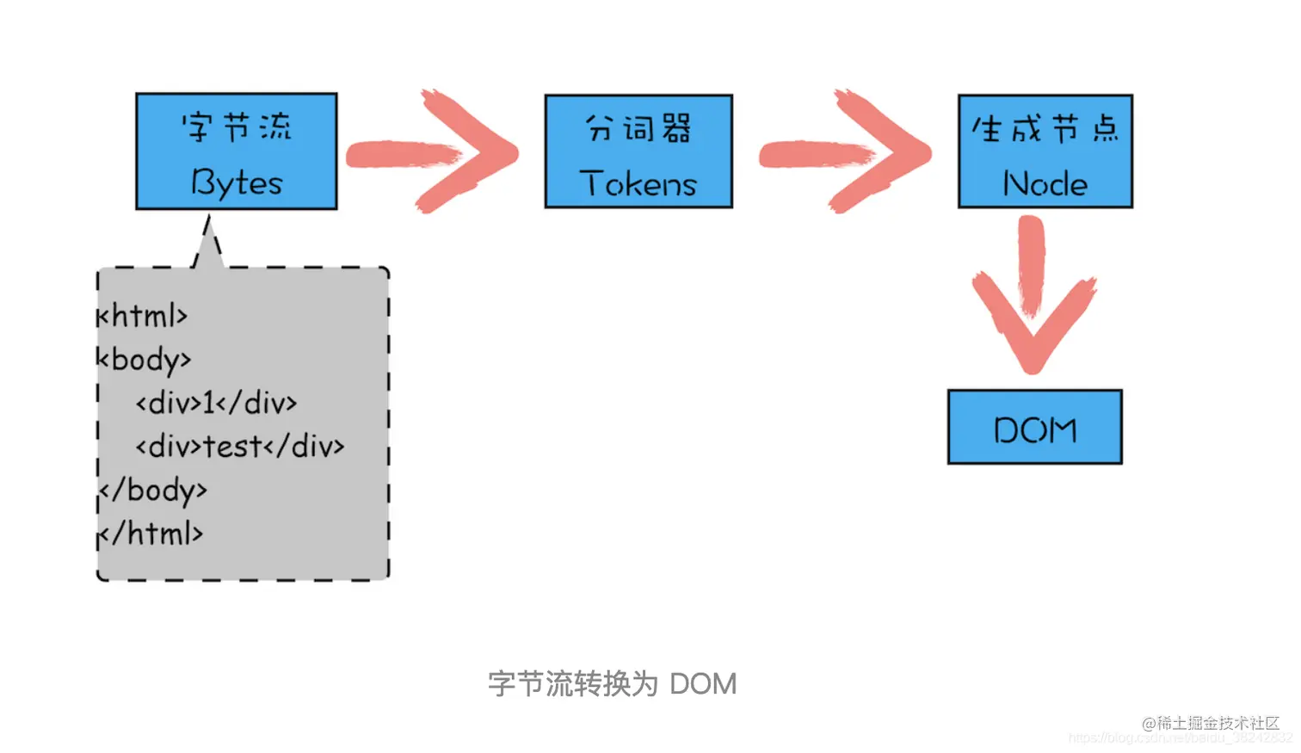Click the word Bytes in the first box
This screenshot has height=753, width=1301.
click(x=237, y=183)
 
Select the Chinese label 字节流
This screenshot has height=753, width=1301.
click(x=237, y=127)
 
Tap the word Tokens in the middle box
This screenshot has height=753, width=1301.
click(x=638, y=183)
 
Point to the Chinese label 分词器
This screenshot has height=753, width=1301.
click(x=638, y=128)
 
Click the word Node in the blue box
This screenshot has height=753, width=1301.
click(x=1045, y=183)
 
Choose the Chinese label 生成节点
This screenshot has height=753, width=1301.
click(x=1045, y=129)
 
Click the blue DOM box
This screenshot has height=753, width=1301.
click(x=1034, y=428)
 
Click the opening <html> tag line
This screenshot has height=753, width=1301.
click(x=143, y=316)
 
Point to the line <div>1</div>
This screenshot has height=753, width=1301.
click(x=216, y=403)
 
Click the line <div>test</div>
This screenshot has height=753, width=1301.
click(x=240, y=447)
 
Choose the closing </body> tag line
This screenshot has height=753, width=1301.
click(x=153, y=491)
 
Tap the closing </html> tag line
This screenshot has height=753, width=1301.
click(x=151, y=534)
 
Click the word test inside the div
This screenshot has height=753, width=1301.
click(x=232, y=447)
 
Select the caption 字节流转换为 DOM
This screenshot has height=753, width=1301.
click(x=612, y=684)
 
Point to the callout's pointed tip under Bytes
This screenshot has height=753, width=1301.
click(x=207, y=225)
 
